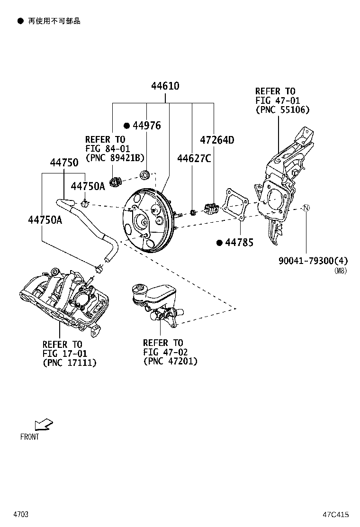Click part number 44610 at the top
click(x=165, y=86)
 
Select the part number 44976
click(x=146, y=126)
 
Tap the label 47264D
click(x=217, y=140)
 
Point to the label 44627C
click(x=194, y=158)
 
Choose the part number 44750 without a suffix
click(x=64, y=163)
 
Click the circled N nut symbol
click(x=306, y=208)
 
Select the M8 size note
click(x=341, y=271)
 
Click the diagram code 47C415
click(x=336, y=514)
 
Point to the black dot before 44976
click(x=126, y=126)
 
